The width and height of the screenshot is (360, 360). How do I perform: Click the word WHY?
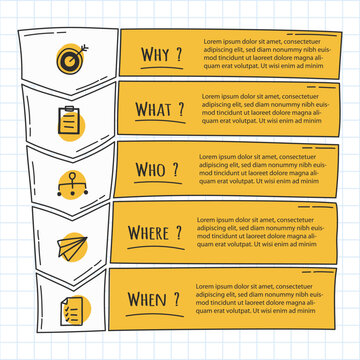coord(154,54)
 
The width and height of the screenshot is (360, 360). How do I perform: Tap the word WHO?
coord(153,170)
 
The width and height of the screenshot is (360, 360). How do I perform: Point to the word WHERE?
coord(153,233)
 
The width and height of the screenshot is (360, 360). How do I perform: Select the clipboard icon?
coord(70,121)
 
